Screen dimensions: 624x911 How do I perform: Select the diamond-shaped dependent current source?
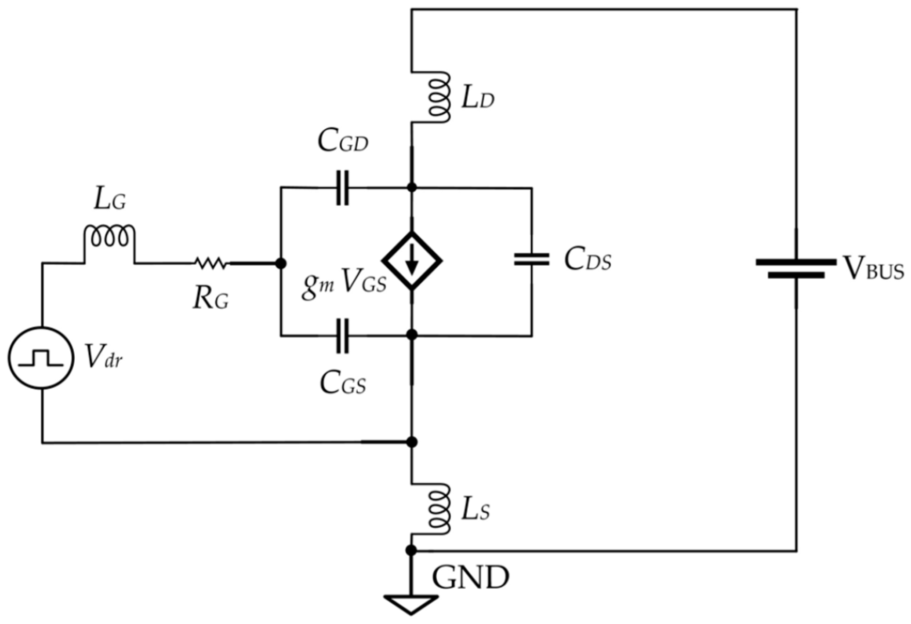412,261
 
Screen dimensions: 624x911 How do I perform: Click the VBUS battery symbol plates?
796,268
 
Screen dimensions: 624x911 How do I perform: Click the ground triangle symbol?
411,604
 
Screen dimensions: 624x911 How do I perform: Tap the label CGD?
343,142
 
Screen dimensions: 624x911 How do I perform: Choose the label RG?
211,300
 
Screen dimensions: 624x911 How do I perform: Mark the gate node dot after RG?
281,263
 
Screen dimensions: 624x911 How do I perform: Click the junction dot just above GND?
411,550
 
